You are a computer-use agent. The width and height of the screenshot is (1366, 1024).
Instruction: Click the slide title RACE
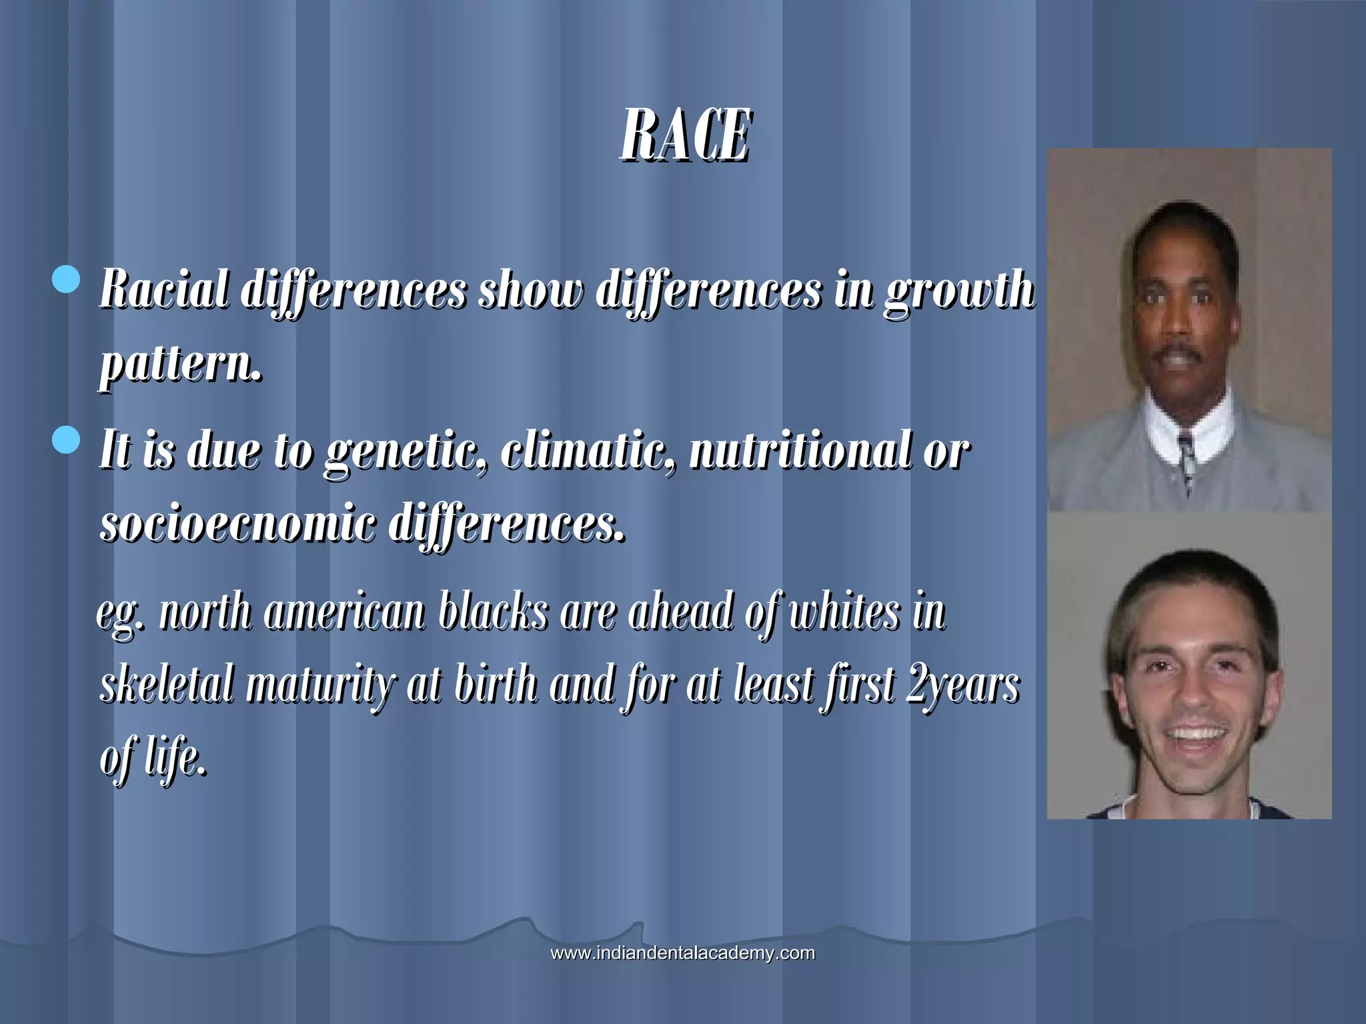(685, 137)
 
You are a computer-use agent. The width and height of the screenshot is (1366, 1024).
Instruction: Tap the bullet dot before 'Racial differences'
(66, 279)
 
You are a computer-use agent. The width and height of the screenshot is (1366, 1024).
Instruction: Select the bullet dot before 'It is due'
(66, 440)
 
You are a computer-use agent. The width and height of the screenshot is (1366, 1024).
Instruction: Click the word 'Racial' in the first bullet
(163, 291)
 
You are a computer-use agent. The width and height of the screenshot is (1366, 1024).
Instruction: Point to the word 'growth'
(959, 292)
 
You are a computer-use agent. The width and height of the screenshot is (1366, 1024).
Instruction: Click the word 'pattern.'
(180, 365)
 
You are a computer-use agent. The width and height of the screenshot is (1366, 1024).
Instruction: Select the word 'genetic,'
(406, 452)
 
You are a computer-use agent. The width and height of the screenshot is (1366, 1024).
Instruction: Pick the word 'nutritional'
(800, 451)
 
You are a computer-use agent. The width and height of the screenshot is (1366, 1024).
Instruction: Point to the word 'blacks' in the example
(494, 612)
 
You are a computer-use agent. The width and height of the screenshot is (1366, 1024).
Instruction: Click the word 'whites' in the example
(844, 612)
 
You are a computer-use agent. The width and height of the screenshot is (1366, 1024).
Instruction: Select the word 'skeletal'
(167, 685)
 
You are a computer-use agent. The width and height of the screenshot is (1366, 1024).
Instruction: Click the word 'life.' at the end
(175, 759)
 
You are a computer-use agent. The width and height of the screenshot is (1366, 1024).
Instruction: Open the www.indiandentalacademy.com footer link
(682, 953)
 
